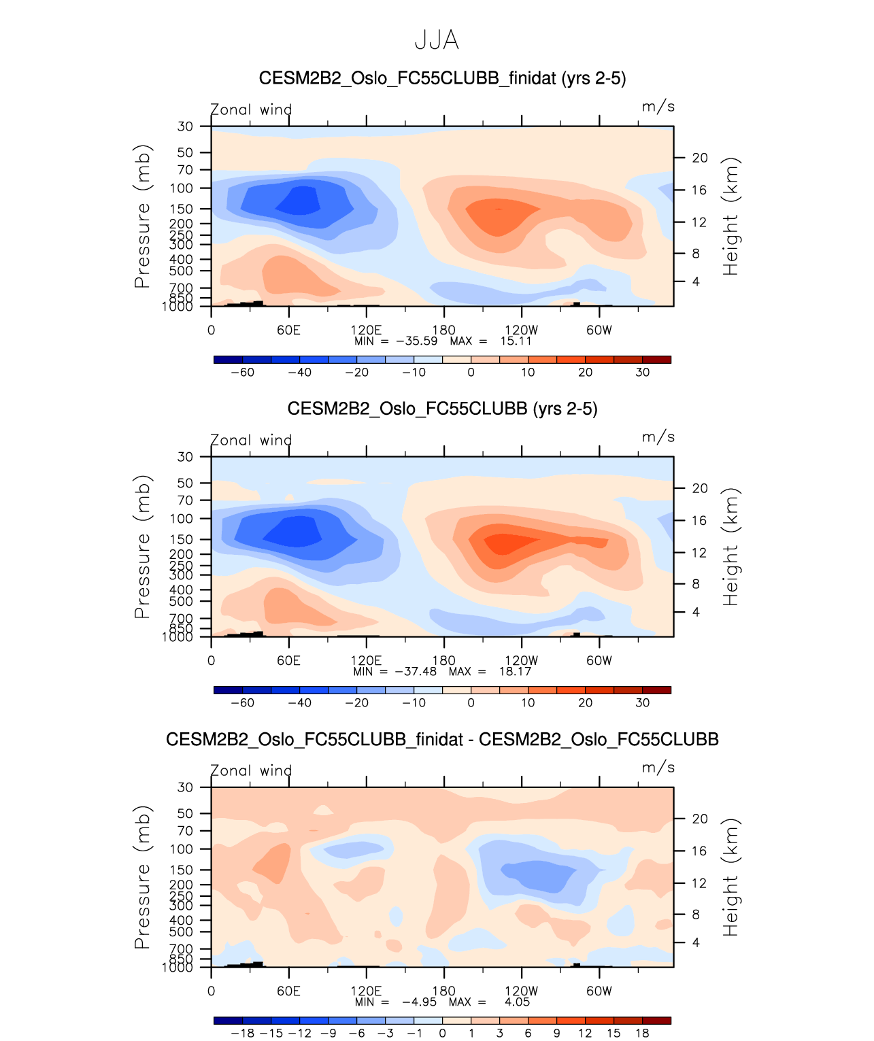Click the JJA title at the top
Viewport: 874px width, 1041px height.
coord(437,40)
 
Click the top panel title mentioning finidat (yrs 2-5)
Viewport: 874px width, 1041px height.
coord(442,78)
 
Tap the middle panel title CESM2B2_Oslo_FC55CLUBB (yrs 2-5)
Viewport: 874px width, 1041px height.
coord(442,409)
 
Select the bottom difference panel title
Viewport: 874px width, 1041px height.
coord(442,739)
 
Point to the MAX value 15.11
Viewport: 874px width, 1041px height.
coord(516,341)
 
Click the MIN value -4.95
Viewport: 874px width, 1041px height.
coord(419,1002)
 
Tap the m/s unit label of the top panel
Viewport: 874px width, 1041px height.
coord(658,107)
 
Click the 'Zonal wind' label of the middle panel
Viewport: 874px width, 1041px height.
coord(251,441)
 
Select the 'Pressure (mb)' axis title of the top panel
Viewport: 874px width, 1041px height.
coord(142,216)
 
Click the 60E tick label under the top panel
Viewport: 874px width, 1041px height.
coord(288,330)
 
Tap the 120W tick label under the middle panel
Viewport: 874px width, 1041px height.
coord(521,661)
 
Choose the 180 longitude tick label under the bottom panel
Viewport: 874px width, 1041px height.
coord(443,991)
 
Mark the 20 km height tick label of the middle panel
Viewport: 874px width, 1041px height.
coord(700,488)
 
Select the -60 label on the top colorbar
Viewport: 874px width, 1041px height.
coord(243,373)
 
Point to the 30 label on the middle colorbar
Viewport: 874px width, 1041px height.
coord(642,703)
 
